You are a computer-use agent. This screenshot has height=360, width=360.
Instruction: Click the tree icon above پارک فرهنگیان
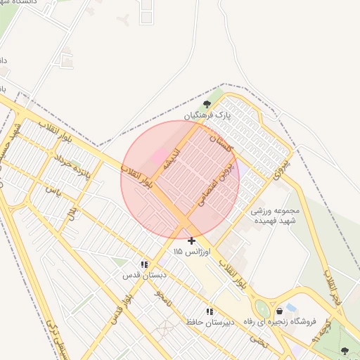coord(206,104)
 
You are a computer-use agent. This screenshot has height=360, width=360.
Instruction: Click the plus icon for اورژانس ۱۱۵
coord(191,240)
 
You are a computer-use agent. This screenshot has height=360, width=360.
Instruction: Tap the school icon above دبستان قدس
coord(144,264)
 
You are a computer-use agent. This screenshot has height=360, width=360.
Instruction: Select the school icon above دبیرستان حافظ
coord(209,311)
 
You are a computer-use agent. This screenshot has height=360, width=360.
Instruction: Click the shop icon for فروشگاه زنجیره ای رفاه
coord(280,311)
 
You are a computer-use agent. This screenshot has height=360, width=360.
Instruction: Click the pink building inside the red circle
coord(160,154)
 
